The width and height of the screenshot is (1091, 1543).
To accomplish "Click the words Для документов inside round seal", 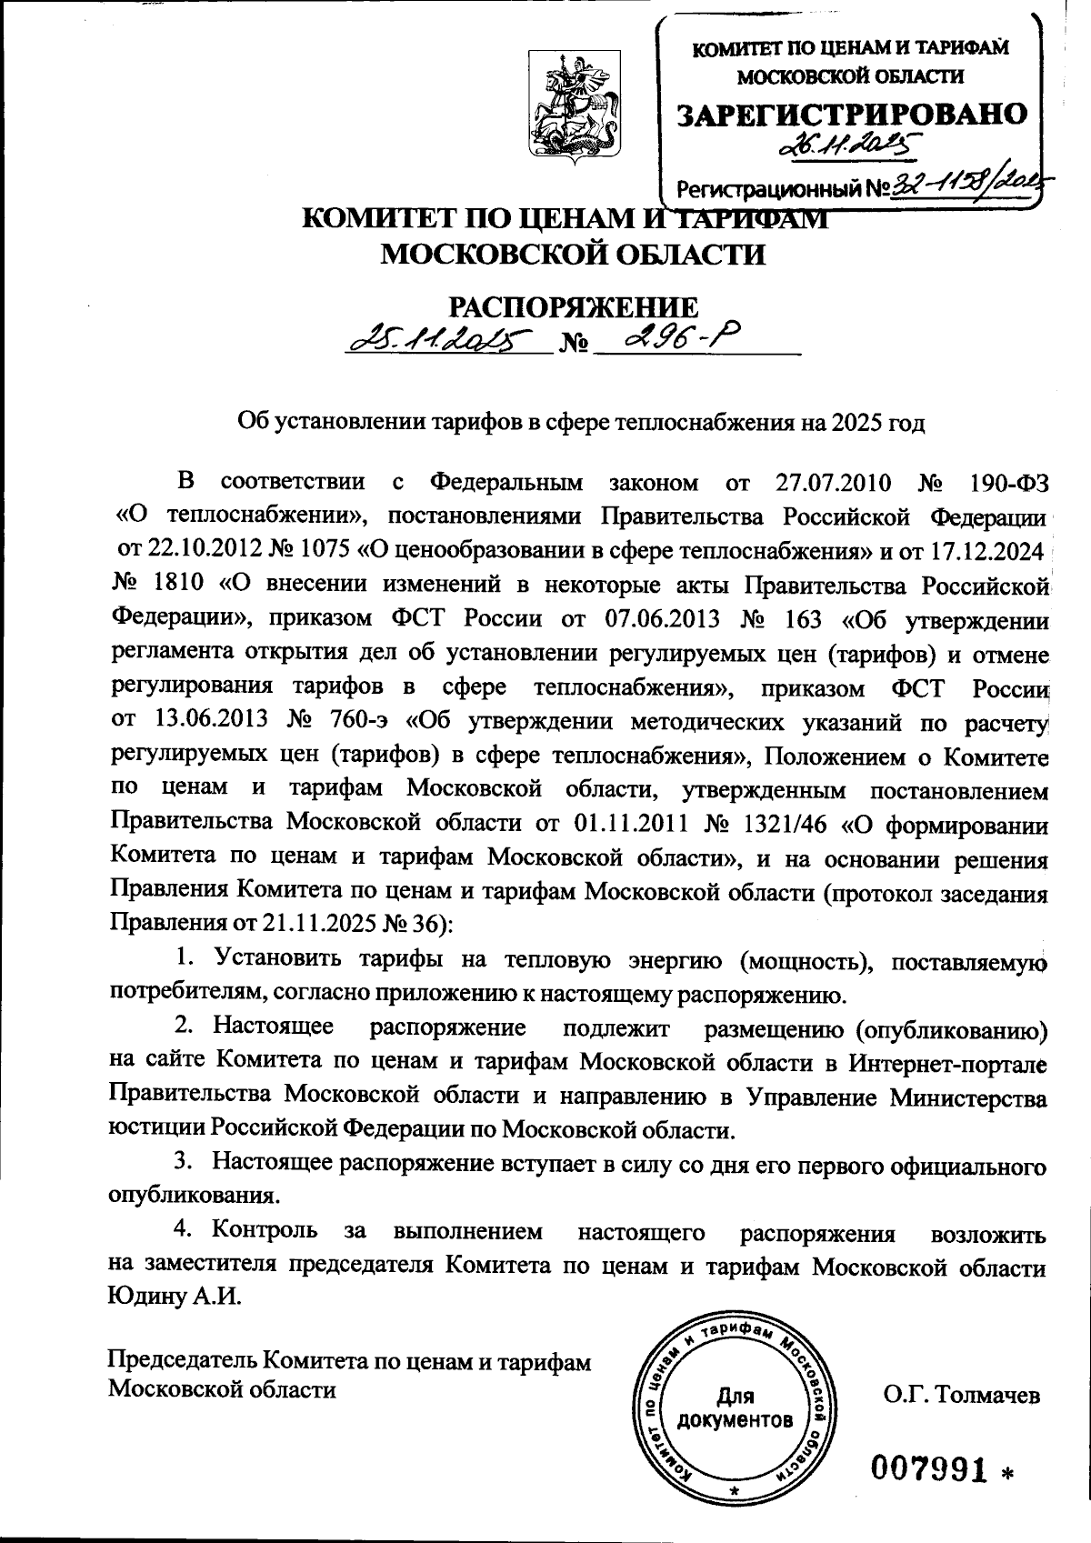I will pyautogui.click(x=736, y=1408).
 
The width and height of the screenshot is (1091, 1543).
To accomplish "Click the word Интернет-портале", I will pyautogui.click(x=949, y=1063).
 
